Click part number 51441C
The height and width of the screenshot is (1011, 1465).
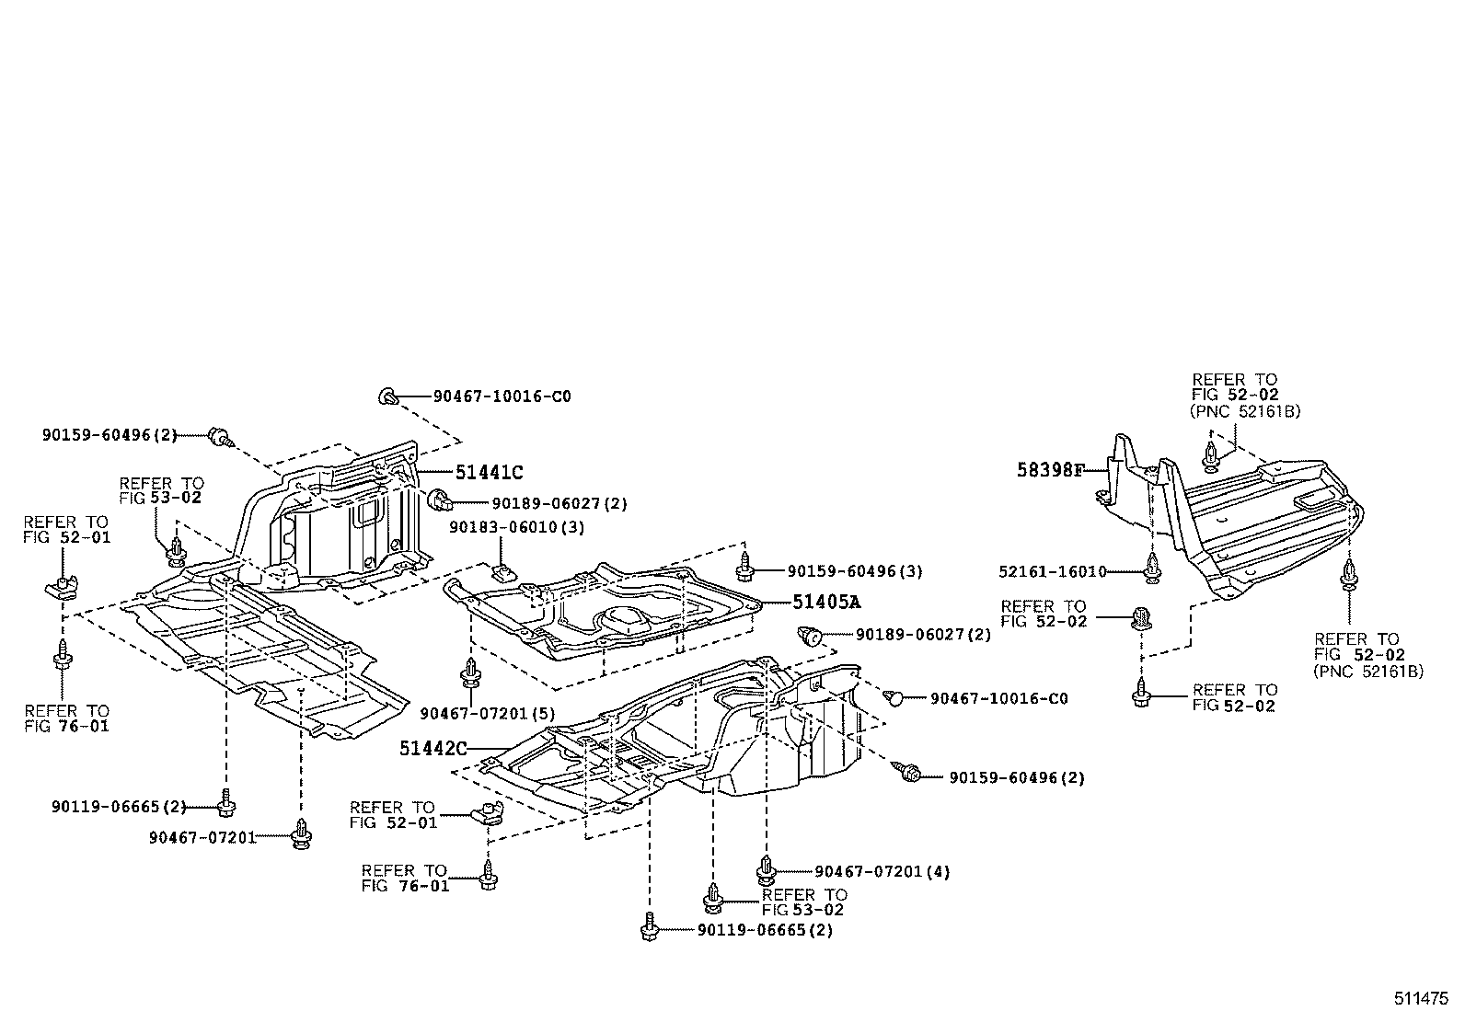pyautogui.click(x=489, y=473)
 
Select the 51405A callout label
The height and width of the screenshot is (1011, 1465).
pyautogui.click(x=825, y=603)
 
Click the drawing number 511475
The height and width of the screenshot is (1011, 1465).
pyautogui.click(x=1422, y=997)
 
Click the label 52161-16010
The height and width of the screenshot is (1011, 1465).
pyautogui.click(x=1052, y=571)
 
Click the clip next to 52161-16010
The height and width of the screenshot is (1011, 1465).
pyautogui.click(x=1151, y=569)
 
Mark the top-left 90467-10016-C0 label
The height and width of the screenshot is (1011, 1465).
pyautogui.click(x=502, y=396)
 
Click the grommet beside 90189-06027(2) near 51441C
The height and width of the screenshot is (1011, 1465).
pyautogui.click(x=442, y=501)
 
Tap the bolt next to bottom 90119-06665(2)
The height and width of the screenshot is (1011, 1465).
pyautogui.click(x=650, y=926)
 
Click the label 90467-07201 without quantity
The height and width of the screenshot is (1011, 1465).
pyautogui.click(x=203, y=837)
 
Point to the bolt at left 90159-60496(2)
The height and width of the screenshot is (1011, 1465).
pyautogui.click(x=219, y=435)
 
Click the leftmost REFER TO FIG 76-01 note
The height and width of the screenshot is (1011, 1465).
pyautogui.click(x=66, y=718)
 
